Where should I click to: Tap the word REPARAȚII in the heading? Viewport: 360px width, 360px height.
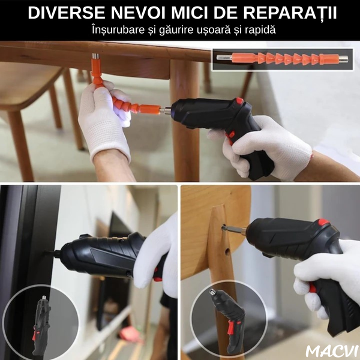point(290,13)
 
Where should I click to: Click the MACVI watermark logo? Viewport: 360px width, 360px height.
point(332,350)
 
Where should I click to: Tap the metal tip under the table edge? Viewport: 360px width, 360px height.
point(95,56)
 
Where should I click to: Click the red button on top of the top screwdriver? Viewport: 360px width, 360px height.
point(239,101)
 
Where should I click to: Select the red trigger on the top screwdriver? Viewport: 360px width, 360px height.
point(231,136)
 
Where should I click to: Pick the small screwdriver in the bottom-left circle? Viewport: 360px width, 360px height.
point(41,324)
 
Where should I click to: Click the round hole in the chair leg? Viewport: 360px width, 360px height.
point(227,252)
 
